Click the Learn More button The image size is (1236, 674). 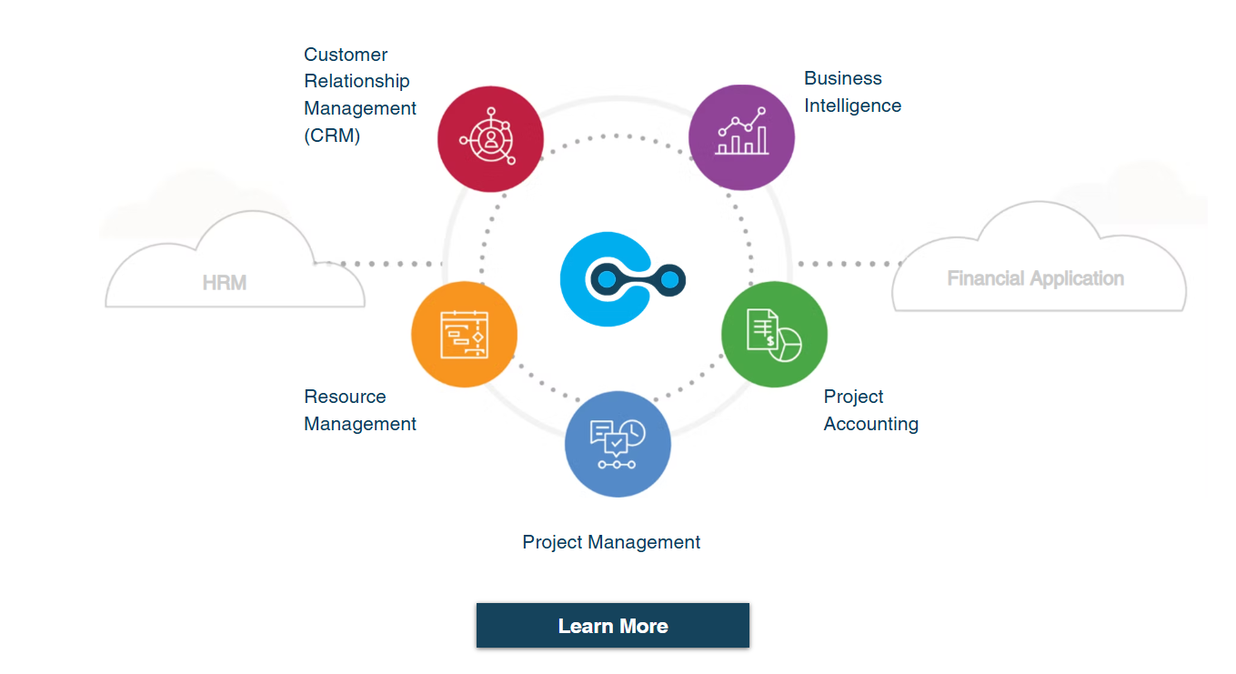tap(612, 626)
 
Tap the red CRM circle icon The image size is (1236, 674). tap(490, 139)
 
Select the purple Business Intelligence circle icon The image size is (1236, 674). tap(741, 137)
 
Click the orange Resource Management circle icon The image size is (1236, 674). tap(464, 334)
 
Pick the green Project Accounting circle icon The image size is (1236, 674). tap(774, 334)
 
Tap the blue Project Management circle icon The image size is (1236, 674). tap(618, 444)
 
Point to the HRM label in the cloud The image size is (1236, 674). tap(225, 283)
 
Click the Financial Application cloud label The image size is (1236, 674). tap(1035, 278)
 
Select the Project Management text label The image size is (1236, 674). tap(611, 542)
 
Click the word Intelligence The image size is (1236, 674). tap(852, 106)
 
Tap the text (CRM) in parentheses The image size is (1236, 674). tap(332, 136)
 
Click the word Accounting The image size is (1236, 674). tap(870, 424)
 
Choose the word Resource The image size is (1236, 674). tap(345, 397)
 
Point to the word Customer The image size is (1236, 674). tap(346, 55)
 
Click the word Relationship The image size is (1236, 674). tap(357, 81)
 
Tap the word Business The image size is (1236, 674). tap(842, 78)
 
